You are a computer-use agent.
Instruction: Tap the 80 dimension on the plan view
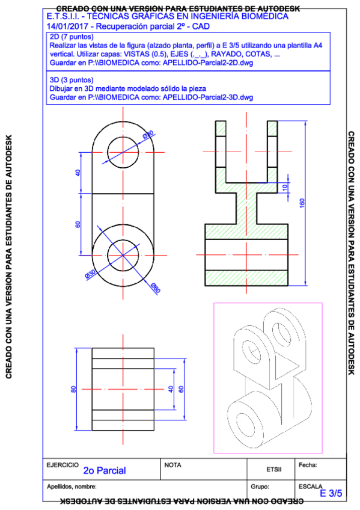[74, 390]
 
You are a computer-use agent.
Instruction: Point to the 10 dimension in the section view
[285, 187]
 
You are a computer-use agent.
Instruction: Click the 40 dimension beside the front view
[78, 173]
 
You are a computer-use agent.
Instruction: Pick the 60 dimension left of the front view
[78, 224]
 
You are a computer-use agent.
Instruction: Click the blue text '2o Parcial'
[105, 470]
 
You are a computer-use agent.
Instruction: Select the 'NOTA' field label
[172, 465]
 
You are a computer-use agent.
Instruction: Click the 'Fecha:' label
[307, 465]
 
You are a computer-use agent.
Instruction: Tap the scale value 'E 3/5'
[331, 493]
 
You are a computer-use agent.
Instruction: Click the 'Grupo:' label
[259, 486]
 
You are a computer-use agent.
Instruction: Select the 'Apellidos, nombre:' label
[72, 486]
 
